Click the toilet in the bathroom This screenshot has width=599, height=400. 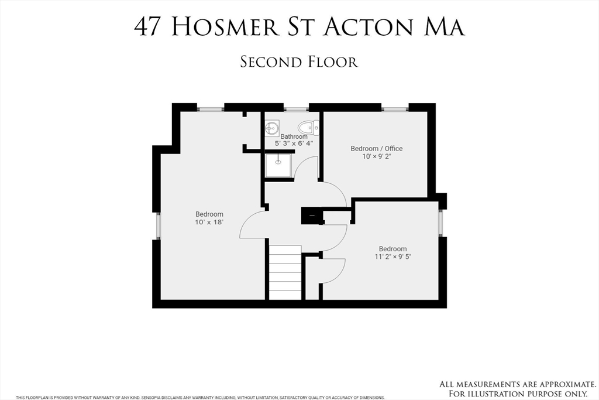[x=308, y=127]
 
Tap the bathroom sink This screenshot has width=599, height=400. [x=271, y=127]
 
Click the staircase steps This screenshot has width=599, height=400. [x=285, y=272]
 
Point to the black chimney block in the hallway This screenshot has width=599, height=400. [x=311, y=216]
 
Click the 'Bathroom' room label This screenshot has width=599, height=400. [x=294, y=136]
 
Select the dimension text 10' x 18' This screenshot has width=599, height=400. [x=209, y=223]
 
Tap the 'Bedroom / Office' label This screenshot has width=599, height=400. [x=376, y=149]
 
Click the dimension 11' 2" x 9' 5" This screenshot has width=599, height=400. [x=393, y=257]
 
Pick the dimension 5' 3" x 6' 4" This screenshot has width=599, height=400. [x=294, y=143]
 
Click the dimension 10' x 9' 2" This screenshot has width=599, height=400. [x=376, y=156]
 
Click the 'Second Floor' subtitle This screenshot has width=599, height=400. [x=299, y=61]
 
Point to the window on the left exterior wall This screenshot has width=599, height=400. [x=156, y=225]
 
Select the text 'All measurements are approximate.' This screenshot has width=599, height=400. [x=517, y=384]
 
